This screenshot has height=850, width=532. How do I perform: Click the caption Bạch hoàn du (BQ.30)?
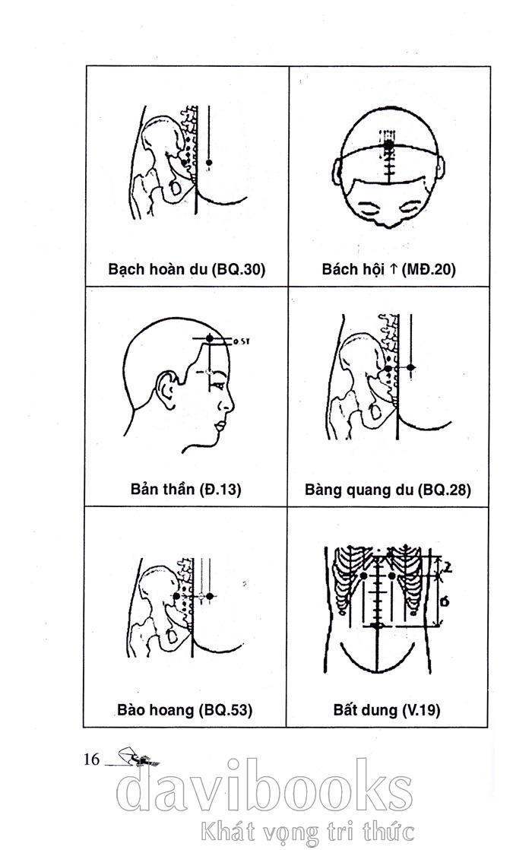point(186,269)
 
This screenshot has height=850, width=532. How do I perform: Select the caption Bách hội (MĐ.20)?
point(388,269)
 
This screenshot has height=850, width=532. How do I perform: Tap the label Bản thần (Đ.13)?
point(186,489)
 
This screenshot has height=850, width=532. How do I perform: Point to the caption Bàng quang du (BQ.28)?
point(388,490)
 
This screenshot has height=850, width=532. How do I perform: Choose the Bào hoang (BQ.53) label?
point(185,709)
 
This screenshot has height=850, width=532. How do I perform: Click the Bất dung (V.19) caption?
point(387,710)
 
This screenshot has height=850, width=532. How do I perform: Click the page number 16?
point(91,759)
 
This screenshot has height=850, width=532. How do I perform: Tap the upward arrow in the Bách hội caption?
point(394,269)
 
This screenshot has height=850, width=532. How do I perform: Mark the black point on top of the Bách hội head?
point(388,144)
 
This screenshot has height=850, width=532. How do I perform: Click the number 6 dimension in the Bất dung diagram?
point(445,601)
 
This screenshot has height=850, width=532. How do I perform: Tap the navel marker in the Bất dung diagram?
point(377,626)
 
